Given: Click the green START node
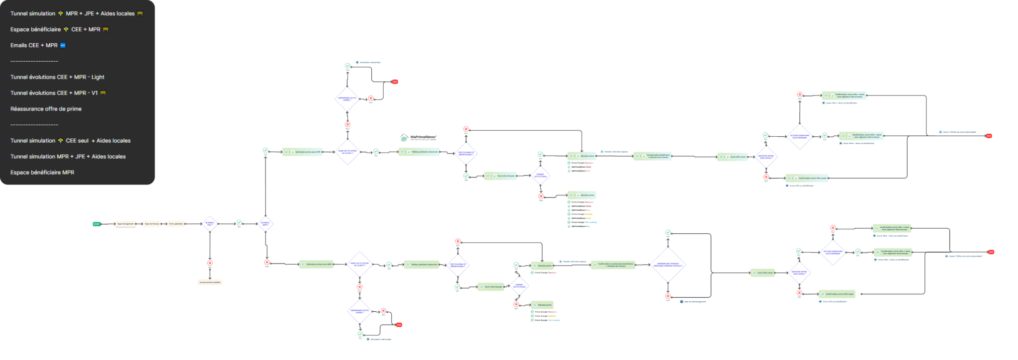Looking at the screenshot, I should pos(96,224).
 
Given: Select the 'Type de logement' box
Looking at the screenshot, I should pos(125,224).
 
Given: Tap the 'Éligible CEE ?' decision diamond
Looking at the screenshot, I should pos(210,224).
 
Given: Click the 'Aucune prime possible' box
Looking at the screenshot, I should pos(210,282).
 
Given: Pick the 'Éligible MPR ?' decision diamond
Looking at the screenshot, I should pos(265,224).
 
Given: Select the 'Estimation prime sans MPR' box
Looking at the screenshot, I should pos(316,264).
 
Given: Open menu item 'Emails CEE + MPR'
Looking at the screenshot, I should pos(34,45).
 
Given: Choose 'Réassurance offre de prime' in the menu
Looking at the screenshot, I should pos(46,109).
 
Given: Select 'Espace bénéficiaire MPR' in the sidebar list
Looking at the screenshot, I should pos(42,173).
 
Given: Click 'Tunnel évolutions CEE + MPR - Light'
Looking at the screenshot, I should pos(57,77).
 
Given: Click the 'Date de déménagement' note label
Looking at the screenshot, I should pos(694,301).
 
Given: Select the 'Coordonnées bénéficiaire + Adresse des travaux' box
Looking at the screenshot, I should pos(653,156).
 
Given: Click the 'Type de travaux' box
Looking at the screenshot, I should pos(152,224).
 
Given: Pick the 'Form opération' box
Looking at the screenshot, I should pos(176,224).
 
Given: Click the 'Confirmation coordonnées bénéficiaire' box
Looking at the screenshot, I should pos(613,265).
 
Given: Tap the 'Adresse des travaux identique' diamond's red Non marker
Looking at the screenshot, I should pos(668,296).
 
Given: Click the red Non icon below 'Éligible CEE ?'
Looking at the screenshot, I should pos(210,263).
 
